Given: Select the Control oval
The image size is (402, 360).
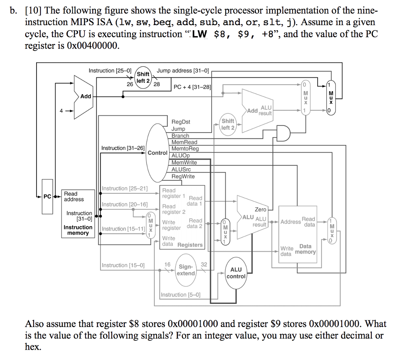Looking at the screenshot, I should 157,153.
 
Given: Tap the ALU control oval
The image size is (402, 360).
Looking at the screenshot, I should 236,273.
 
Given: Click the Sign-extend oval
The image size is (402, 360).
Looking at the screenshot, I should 186,270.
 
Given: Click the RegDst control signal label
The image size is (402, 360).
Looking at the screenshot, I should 181,122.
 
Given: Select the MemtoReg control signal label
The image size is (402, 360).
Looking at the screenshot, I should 185,149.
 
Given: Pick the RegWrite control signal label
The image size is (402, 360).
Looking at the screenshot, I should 183,176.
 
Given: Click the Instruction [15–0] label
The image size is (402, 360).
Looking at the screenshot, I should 123,265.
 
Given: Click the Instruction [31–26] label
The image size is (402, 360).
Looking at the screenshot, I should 123,148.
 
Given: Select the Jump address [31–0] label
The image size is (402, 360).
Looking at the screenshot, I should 183,71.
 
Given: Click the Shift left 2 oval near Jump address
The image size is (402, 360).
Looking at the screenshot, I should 143,77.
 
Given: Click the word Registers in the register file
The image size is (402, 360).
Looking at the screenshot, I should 190,245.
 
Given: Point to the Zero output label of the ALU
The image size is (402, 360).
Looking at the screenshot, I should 260,209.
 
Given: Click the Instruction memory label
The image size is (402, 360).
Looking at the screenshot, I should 78,230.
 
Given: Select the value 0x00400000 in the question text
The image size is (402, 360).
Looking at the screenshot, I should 93,45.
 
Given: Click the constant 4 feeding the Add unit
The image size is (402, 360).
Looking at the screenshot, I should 61,111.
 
